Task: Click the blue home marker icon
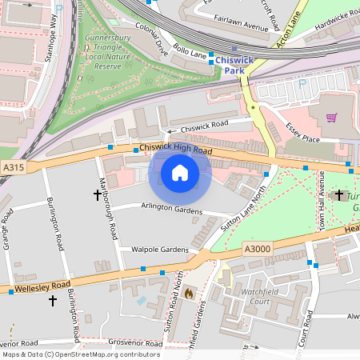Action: click(x=180, y=173)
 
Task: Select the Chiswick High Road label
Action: click(x=175, y=150)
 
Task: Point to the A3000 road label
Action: click(x=258, y=250)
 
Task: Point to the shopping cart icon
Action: click(x=330, y=118)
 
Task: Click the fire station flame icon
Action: click(x=188, y=294)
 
